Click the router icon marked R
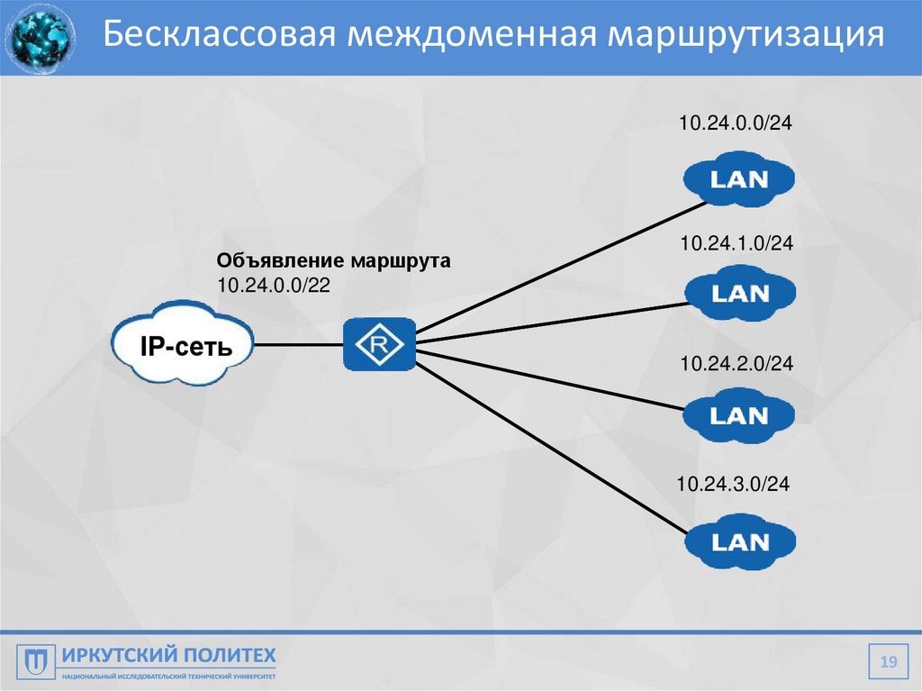(x=379, y=345)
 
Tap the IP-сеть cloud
(x=183, y=345)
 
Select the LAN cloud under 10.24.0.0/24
(x=738, y=179)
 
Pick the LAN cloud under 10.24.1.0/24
(x=740, y=294)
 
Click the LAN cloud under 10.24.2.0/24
(x=738, y=416)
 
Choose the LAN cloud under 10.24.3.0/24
(x=740, y=542)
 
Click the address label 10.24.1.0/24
(x=736, y=243)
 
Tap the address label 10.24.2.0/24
(x=736, y=363)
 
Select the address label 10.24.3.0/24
(x=733, y=485)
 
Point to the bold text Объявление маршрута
(x=332, y=262)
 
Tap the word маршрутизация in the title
(x=746, y=35)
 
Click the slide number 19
(x=889, y=664)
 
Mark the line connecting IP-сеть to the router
(x=298, y=345)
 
